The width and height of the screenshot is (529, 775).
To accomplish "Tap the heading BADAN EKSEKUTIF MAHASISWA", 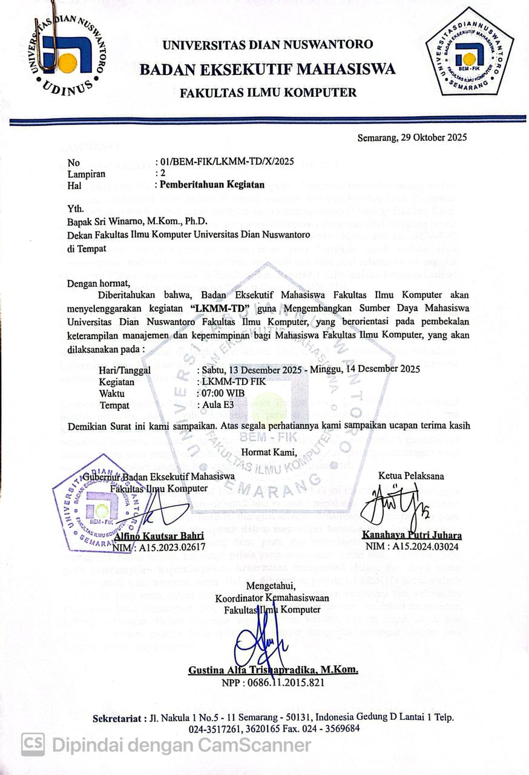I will pos(268,69).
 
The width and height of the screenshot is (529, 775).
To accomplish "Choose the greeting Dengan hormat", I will pos(99,283).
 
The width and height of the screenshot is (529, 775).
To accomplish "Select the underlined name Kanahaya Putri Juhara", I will pos(412,535).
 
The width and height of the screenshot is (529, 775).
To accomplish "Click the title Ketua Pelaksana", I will pos(411,475).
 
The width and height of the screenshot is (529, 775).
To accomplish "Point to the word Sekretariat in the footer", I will pos(117,717).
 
